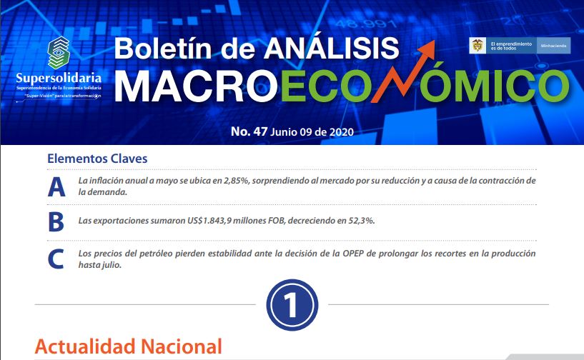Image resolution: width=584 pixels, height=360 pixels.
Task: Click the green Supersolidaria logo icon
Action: (x=59, y=53)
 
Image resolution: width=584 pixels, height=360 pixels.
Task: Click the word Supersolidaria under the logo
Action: (x=59, y=78)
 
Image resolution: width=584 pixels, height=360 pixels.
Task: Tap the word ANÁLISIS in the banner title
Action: (x=331, y=49)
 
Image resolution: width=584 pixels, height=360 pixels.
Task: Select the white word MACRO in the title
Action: (x=196, y=86)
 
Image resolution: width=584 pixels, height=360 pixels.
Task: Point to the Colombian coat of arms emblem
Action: (x=477, y=46)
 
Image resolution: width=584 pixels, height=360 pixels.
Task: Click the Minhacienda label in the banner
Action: (x=553, y=46)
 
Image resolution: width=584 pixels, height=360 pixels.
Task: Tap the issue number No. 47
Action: (x=249, y=131)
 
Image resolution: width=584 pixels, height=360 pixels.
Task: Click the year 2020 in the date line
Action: (x=342, y=132)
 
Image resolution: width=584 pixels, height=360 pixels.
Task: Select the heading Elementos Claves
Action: (x=97, y=159)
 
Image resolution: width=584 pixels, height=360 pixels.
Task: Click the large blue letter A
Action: (x=56, y=187)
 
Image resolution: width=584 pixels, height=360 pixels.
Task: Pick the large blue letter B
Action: (x=56, y=222)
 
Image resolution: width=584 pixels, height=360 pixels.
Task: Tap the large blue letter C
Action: (x=56, y=259)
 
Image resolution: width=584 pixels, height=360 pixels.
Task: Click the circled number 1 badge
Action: (x=292, y=304)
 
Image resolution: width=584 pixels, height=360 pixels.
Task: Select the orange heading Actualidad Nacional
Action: (x=129, y=346)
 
